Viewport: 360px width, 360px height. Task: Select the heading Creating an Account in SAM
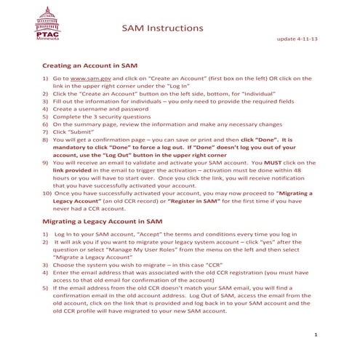click(x=89, y=65)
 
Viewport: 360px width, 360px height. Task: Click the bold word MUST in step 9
click(x=280, y=164)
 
